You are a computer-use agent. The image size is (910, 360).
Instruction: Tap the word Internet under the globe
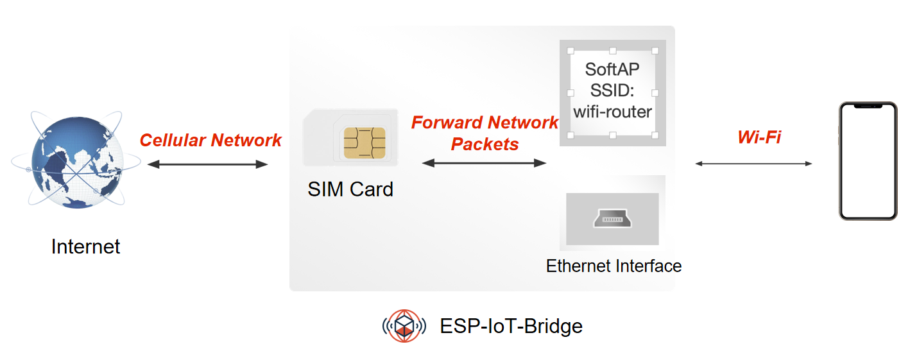tap(85, 246)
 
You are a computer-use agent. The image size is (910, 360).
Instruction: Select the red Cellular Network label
tap(210, 140)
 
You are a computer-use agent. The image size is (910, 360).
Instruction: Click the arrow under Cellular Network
tap(207, 164)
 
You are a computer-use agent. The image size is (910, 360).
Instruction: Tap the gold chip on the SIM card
tap(365, 142)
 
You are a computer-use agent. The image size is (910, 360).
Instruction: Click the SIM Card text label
tap(350, 189)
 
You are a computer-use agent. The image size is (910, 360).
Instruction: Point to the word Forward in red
tap(447, 123)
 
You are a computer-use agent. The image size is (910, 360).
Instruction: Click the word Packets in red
tap(485, 144)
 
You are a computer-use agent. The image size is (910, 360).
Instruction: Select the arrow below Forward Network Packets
tap(484, 163)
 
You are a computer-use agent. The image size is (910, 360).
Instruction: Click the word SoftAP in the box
tap(612, 69)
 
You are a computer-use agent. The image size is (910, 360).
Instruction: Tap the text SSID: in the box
tap(612, 90)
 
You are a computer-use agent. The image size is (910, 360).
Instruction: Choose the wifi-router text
tap(612, 112)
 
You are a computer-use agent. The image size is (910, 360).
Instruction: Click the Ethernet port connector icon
tap(612, 219)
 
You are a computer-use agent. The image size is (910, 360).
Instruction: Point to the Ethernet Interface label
tap(614, 266)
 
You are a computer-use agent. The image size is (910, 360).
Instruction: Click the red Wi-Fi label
tap(759, 137)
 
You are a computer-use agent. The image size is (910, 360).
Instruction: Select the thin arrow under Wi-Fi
tap(753, 164)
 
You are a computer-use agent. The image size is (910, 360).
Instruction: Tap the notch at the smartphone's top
tap(868, 106)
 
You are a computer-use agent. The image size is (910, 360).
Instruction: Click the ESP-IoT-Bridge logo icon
tap(404, 326)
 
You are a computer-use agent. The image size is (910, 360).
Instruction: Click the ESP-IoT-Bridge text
tap(511, 326)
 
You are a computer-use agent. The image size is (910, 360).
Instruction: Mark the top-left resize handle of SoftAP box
tap(570, 50)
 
